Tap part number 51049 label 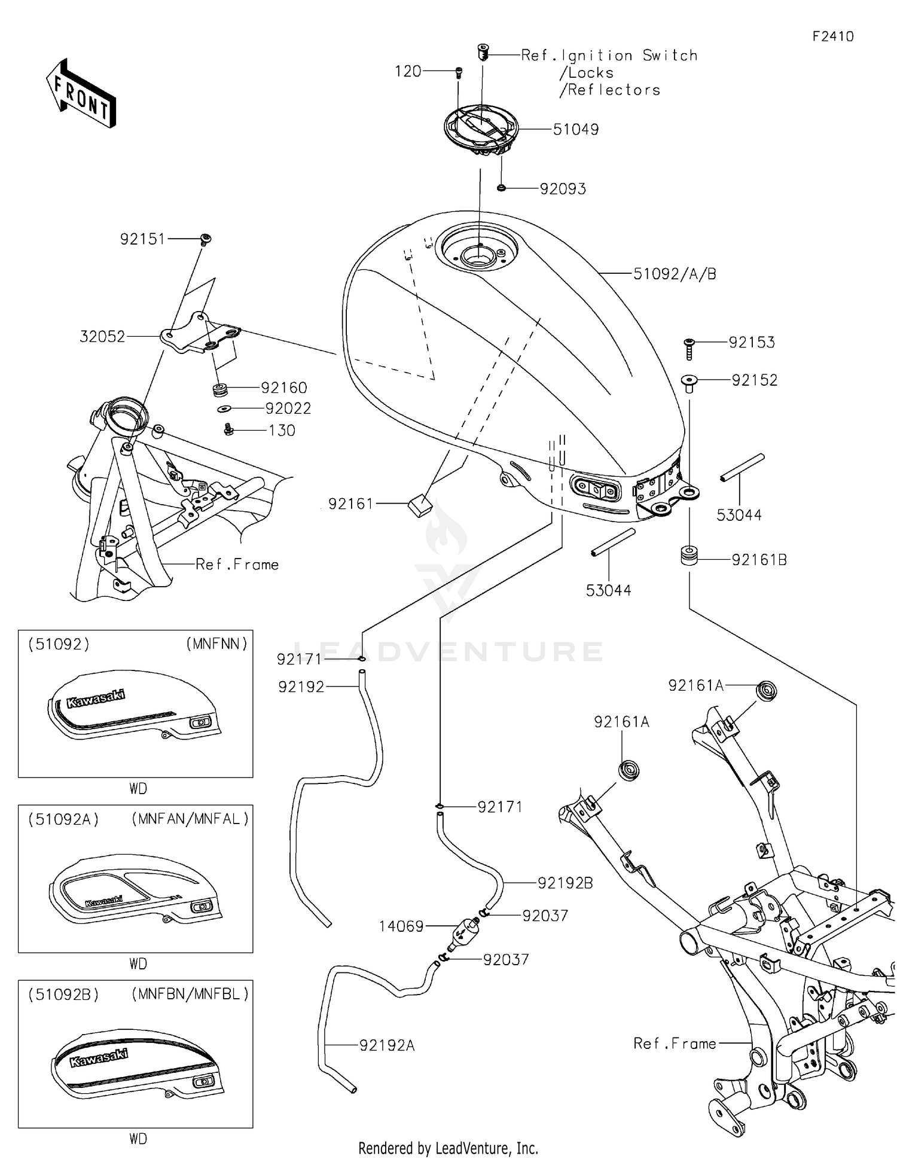575,129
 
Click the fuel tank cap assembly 480,130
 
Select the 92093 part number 563,189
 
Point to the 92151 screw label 142,239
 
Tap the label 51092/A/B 675,274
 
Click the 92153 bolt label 752,342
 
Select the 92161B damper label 759,560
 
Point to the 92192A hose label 387,1045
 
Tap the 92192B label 565,883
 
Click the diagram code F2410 832,36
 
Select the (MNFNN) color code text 216,644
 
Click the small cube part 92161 420,505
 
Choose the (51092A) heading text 63,819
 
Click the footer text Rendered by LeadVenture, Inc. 448,1148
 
